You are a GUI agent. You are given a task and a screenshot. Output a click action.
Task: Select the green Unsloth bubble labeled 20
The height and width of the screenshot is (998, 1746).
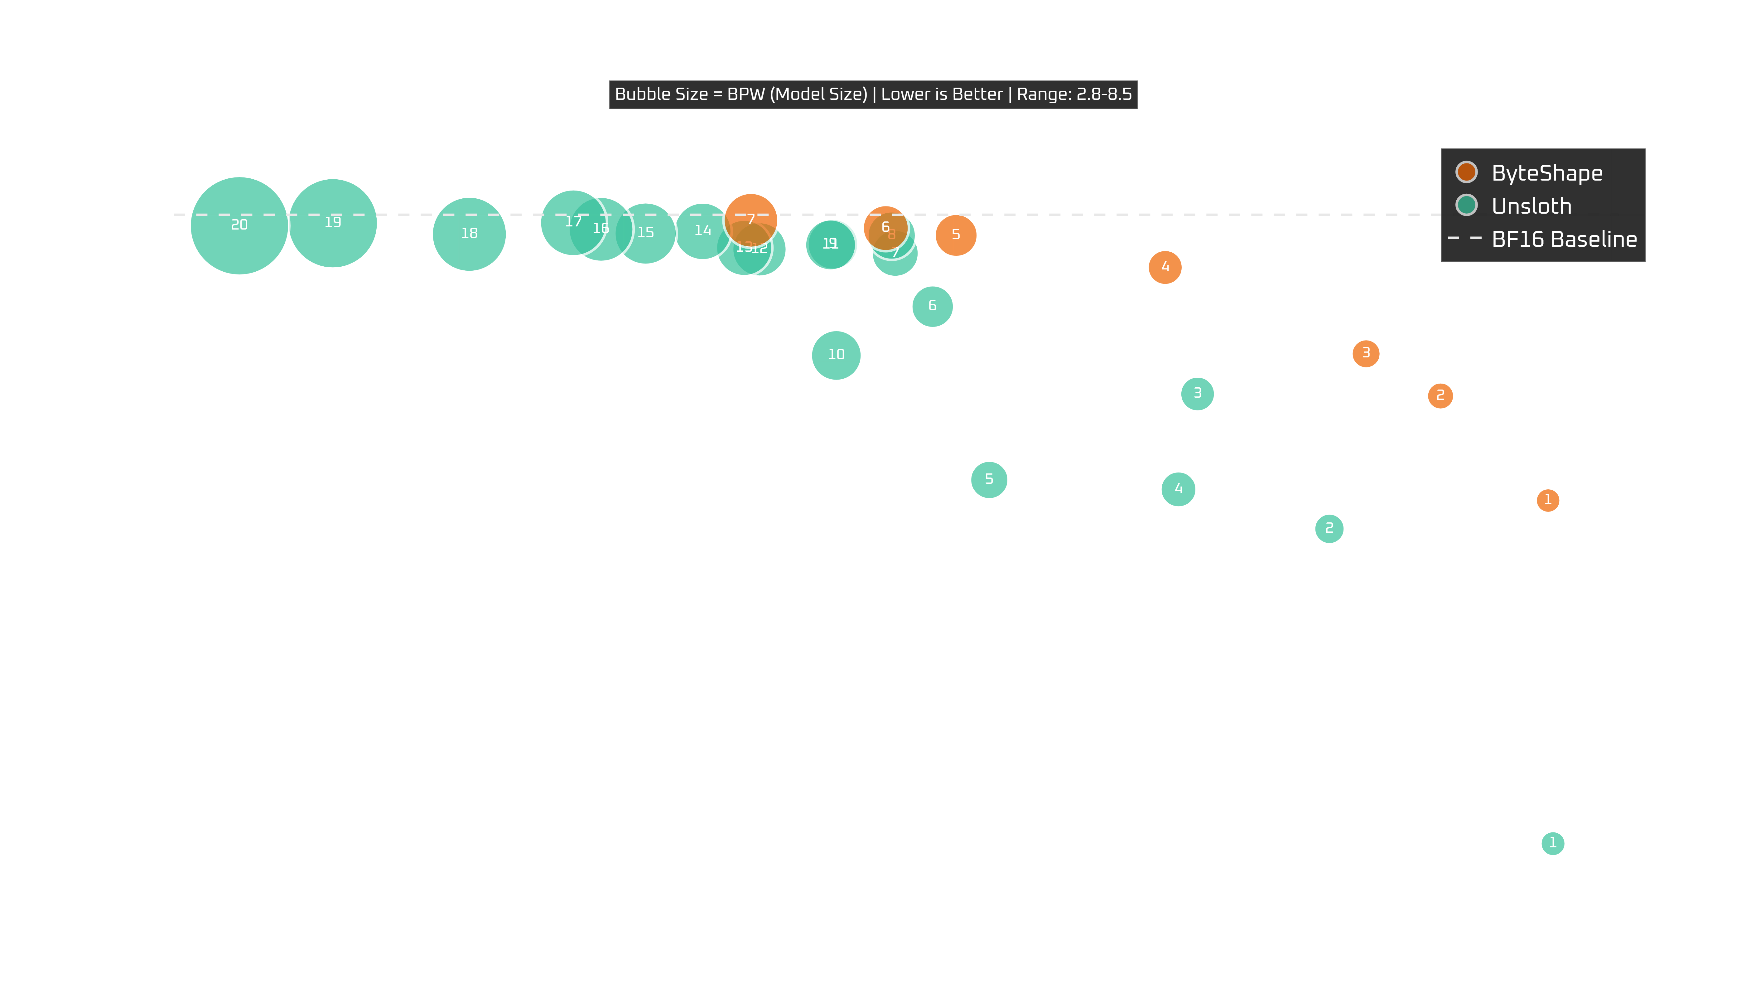point(239,225)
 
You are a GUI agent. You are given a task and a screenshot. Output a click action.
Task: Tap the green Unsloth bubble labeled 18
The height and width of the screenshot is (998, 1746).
point(469,234)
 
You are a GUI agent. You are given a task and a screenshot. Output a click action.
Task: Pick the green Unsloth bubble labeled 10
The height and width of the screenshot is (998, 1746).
point(836,355)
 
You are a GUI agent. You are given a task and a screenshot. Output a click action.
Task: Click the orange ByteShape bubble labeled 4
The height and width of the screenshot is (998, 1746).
point(1165,267)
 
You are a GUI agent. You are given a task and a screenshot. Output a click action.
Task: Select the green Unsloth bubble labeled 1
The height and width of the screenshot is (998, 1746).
point(1553,843)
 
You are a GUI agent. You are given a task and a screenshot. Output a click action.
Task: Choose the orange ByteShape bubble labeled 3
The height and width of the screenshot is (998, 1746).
point(1366,354)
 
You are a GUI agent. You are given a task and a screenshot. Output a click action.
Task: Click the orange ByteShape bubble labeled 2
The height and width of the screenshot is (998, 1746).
point(1440,395)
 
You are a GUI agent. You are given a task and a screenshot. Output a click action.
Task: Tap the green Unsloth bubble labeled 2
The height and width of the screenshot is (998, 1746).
point(1329,529)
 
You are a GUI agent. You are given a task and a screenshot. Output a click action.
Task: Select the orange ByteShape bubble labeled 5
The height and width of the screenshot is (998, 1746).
point(956,235)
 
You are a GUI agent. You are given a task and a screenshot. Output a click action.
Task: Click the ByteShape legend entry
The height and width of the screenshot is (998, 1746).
point(1546,173)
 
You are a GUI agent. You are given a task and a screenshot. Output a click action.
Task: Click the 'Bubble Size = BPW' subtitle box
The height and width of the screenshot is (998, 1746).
point(873,94)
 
